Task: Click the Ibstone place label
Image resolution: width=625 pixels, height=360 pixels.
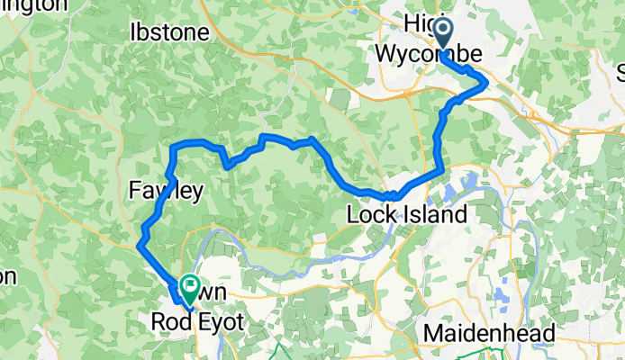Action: (x=169, y=33)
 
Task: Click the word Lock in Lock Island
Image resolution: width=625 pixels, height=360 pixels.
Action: (x=371, y=215)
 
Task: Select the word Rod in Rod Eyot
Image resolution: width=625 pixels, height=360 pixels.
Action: (x=169, y=320)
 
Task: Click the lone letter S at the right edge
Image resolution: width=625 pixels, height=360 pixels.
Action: (x=620, y=70)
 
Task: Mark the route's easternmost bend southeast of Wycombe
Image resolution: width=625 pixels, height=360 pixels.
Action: (x=487, y=82)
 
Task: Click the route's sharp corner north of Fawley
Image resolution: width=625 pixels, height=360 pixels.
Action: (x=173, y=146)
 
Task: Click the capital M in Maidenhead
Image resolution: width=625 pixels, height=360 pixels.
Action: (x=434, y=334)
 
